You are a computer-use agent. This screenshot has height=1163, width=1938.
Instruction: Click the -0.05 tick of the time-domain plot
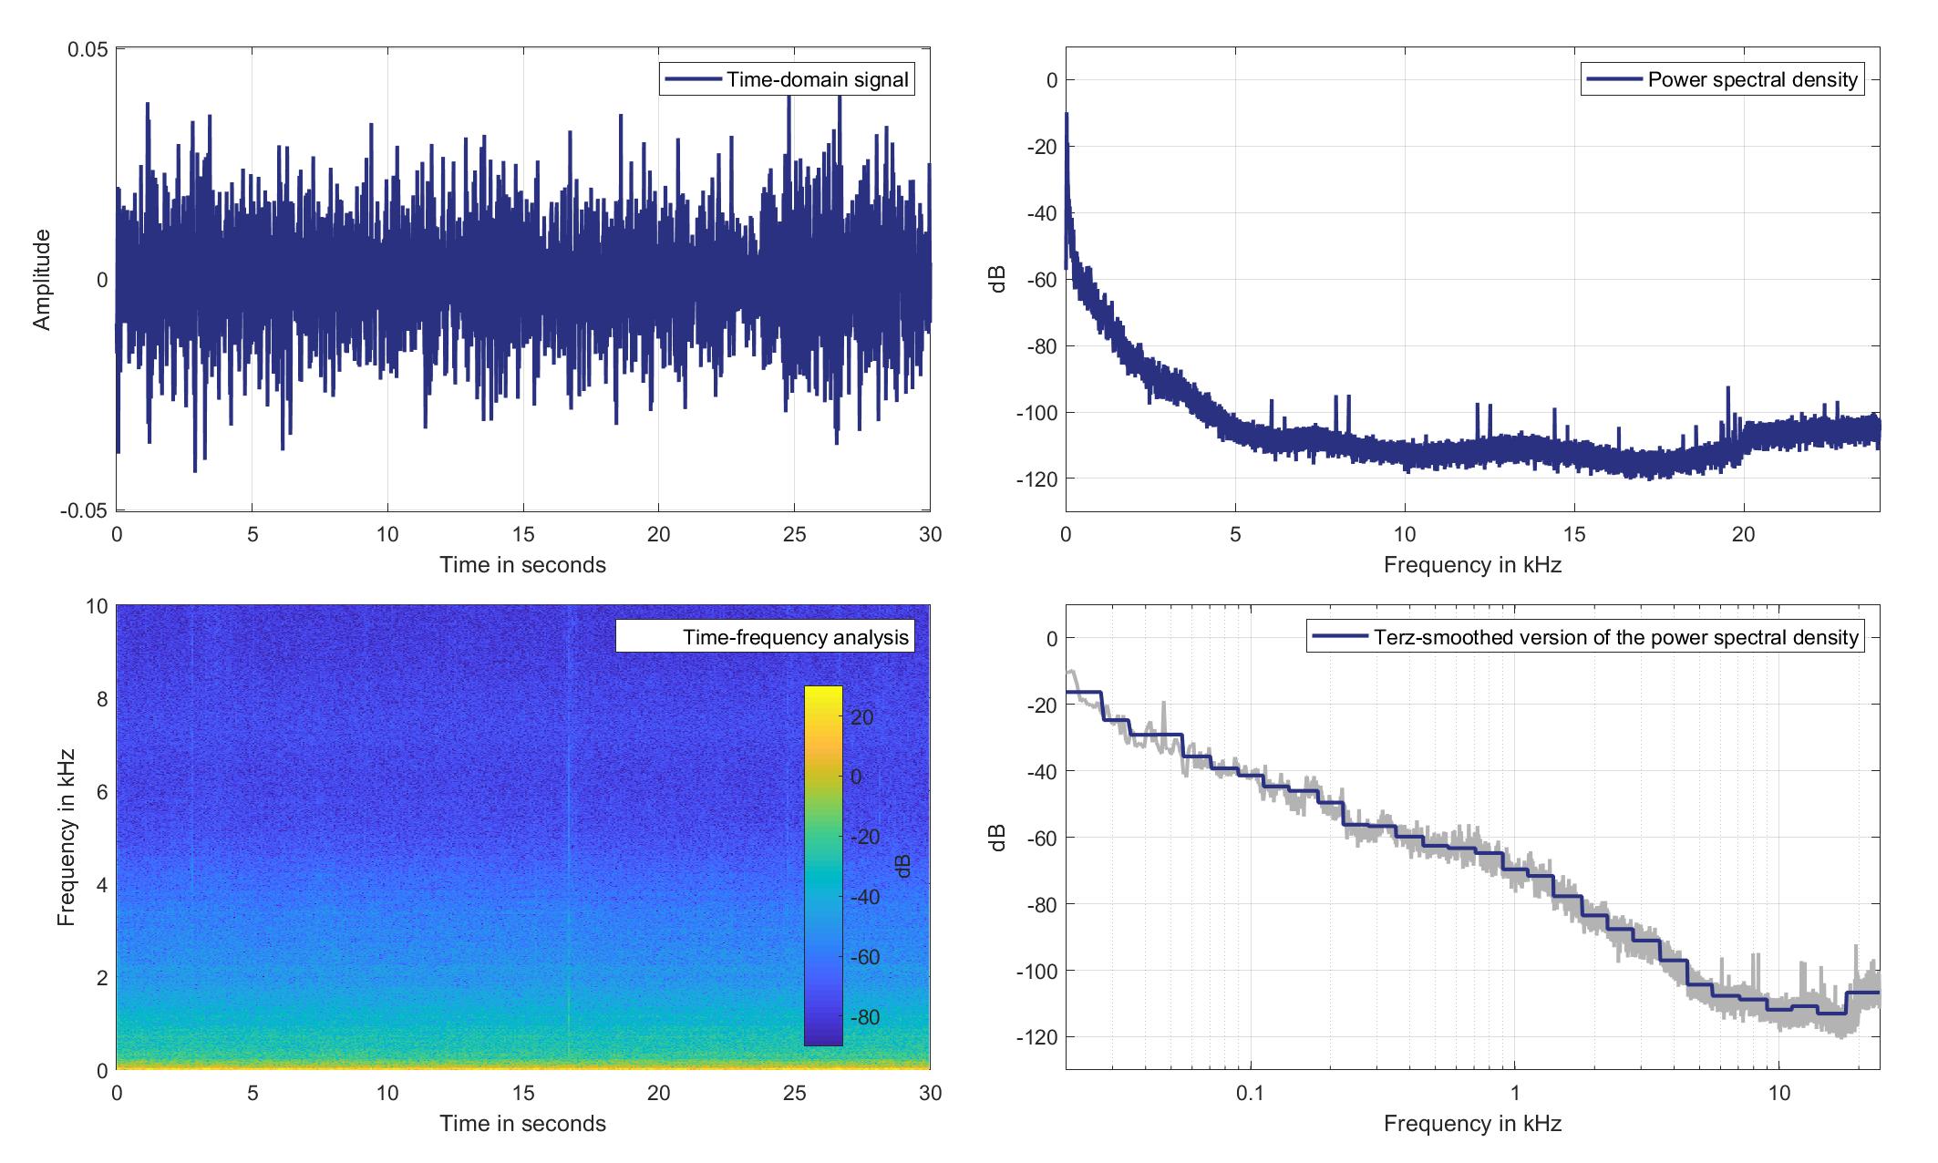pos(85,510)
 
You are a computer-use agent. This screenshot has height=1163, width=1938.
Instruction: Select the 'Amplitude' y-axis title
pos(42,280)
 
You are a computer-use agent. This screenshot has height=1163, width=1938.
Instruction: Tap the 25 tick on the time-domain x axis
pos(795,534)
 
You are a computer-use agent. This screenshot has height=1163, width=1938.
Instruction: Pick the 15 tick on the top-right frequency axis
pos(1574,534)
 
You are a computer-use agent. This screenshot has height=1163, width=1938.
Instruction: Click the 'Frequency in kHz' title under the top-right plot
pos(1472,565)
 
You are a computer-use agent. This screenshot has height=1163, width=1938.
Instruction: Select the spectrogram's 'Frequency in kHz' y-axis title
pos(66,838)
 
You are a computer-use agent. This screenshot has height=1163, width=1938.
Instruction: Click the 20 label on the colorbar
pos(862,717)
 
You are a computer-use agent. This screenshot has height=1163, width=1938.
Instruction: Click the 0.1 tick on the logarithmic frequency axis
pos(1251,1093)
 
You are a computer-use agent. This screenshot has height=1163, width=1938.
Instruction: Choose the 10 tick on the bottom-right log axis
pos(1779,1093)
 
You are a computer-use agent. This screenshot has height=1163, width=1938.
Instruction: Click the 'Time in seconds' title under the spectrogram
pos(522,1124)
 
